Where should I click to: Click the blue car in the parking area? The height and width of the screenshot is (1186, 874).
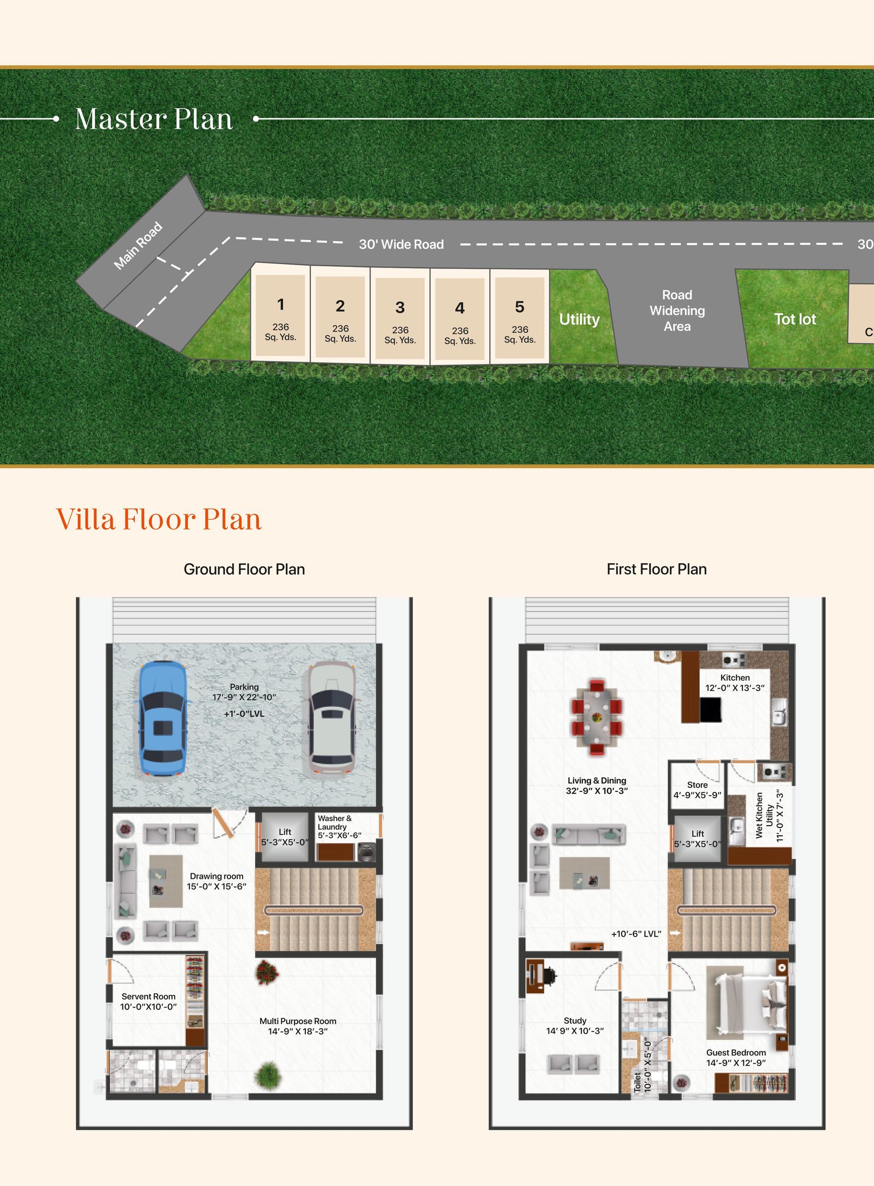tap(162, 718)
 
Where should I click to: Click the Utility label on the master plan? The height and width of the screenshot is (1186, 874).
tap(579, 319)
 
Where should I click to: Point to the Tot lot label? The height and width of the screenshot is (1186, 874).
tap(795, 319)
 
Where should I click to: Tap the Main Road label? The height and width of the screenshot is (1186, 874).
tap(138, 246)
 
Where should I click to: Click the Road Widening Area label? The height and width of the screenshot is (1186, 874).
tap(677, 311)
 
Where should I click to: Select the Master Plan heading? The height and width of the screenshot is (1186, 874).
tap(154, 119)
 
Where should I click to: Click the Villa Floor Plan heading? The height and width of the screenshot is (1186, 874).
tap(159, 519)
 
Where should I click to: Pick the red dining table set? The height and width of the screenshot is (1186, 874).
tap(597, 717)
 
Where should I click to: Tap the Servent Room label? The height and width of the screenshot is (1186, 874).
tap(149, 996)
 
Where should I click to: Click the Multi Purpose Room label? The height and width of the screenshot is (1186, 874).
tap(298, 1021)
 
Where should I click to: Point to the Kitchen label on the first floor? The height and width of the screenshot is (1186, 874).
tap(735, 677)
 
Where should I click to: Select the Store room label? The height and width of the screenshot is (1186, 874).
tap(698, 784)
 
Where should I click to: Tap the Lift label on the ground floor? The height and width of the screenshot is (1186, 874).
tap(285, 832)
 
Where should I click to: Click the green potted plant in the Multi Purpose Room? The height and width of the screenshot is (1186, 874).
tap(268, 1075)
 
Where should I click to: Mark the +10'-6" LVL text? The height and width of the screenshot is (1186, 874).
tap(636, 934)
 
